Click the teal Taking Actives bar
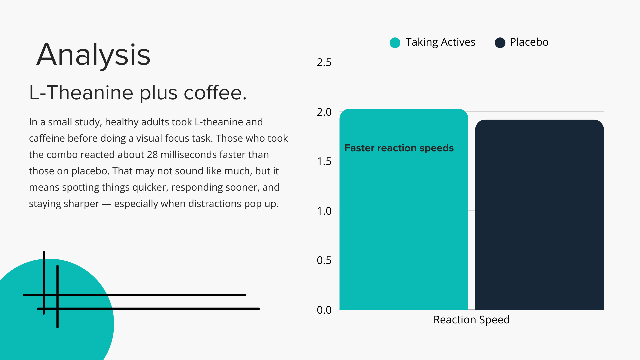pyautogui.click(x=404, y=209)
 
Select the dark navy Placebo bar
pyautogui.click(x=539, y=215)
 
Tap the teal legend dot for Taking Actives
pyautogui.click(x=395, y=43)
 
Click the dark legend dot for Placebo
pyautogui.click(x=500, y=43)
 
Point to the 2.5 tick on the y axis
pyautogui.click(x=324, y=62)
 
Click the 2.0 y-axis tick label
pyautogui.click(x=324, y=112)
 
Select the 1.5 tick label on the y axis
pyautogui.click(x=324, y=161)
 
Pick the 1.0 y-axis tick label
pyautogui.click(x=324, y=211)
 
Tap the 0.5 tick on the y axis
pyautogui.click(x=324, y=260)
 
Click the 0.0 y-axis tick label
pyautogui.click(x=324, y=310)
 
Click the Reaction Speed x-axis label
pyautogui.click(x=471, y=320)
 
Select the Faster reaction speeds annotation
pyautogui.click(x=399, y=148)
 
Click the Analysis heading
pyautogui.click(x=94, y=55)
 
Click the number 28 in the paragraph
pyautogui.click(x=152, y=155)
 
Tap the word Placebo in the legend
pyautogui.click(x=529, y=42)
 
